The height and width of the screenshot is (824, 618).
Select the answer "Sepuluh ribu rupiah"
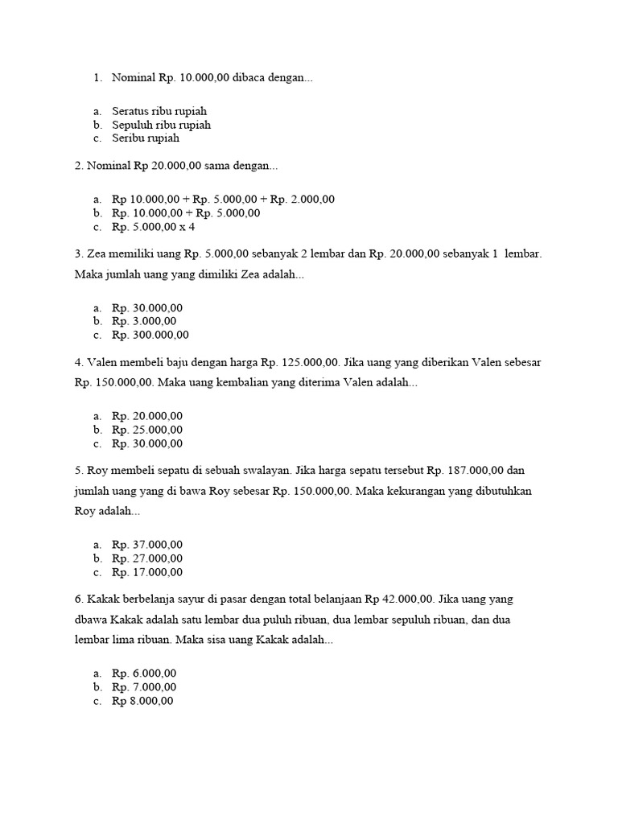tap(161, 125)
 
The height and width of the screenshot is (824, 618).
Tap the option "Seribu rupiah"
tap(146, 138)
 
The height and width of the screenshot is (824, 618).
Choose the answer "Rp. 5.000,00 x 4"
tap(154, 227)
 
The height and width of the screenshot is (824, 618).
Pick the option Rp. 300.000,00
tap(150, 335)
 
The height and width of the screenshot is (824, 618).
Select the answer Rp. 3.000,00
tap(145, 321)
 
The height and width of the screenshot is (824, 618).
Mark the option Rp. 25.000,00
tap(148, 430)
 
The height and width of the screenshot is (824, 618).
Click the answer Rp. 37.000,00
tap(148, 545)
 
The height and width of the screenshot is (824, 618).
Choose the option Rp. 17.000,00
tap(148, 572)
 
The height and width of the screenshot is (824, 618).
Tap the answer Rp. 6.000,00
tap(145, 674)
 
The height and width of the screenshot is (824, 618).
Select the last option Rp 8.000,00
tap(143, 701)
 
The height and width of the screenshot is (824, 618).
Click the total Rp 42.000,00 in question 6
tap(399, 599)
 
